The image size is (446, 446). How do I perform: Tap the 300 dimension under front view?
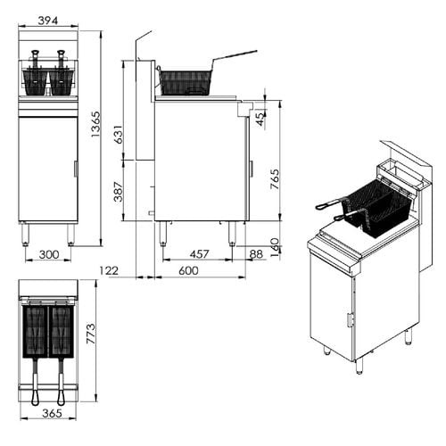48,255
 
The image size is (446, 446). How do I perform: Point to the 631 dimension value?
118,133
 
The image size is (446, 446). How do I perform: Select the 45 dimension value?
260,117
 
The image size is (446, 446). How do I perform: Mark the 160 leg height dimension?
275,244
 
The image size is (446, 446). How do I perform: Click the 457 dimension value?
200,255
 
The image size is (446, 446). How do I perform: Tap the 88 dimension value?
256,255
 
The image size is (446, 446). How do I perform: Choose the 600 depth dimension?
188,271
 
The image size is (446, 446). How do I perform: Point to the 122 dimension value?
109,271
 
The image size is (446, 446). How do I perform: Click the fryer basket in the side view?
186,82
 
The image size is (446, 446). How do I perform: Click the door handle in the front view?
75,169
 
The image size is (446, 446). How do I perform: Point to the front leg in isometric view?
359,366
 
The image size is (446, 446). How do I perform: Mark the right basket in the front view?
61,82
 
